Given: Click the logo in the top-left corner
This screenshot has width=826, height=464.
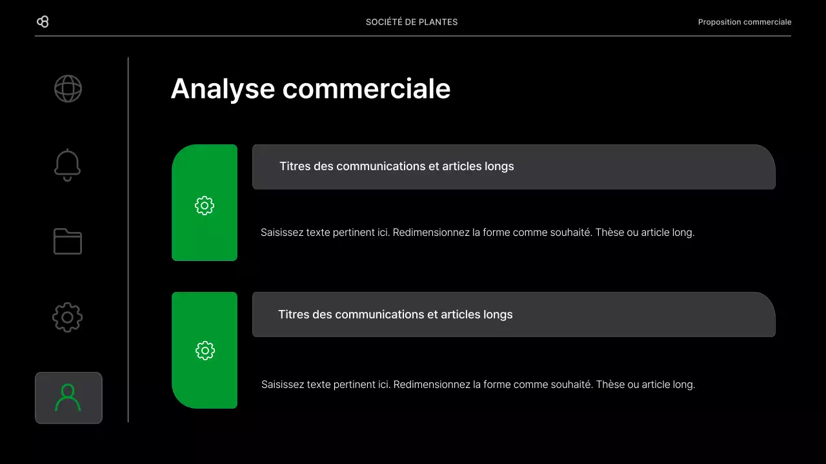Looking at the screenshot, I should [43, 22].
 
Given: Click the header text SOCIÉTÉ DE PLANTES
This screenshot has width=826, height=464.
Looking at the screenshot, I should [412, 22].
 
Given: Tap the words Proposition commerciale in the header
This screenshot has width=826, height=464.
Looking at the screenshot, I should [744, 22].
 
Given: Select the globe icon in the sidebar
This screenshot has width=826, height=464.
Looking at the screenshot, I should [68, 89].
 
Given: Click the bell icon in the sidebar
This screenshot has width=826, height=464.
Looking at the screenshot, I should [68, 165].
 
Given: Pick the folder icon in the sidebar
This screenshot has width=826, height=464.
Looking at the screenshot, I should [68, 242].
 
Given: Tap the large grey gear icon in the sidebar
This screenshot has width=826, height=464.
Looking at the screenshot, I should [68, 318].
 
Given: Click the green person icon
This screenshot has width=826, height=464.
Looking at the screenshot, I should [68, 398].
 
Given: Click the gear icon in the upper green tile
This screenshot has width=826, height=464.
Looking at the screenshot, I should [205, 206].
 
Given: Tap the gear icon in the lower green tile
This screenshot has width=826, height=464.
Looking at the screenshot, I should [205, 351].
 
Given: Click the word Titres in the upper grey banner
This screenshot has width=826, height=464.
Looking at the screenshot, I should [294, 166].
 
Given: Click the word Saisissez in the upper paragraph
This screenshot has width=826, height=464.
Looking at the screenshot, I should [282, 233].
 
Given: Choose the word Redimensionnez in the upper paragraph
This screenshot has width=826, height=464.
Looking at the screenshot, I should [431, 233].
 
